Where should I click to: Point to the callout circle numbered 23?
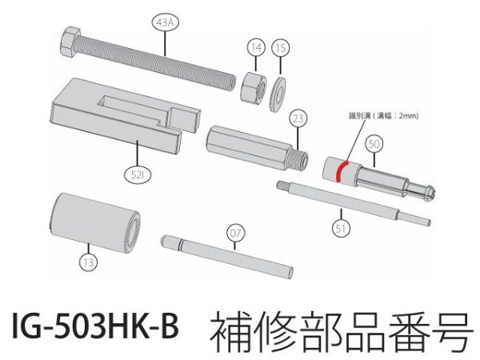point(298,120)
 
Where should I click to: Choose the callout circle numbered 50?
point(374,144)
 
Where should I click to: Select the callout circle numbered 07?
point(234,234)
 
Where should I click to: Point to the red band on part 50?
point(339,170)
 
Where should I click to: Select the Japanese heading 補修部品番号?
point(336,329)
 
